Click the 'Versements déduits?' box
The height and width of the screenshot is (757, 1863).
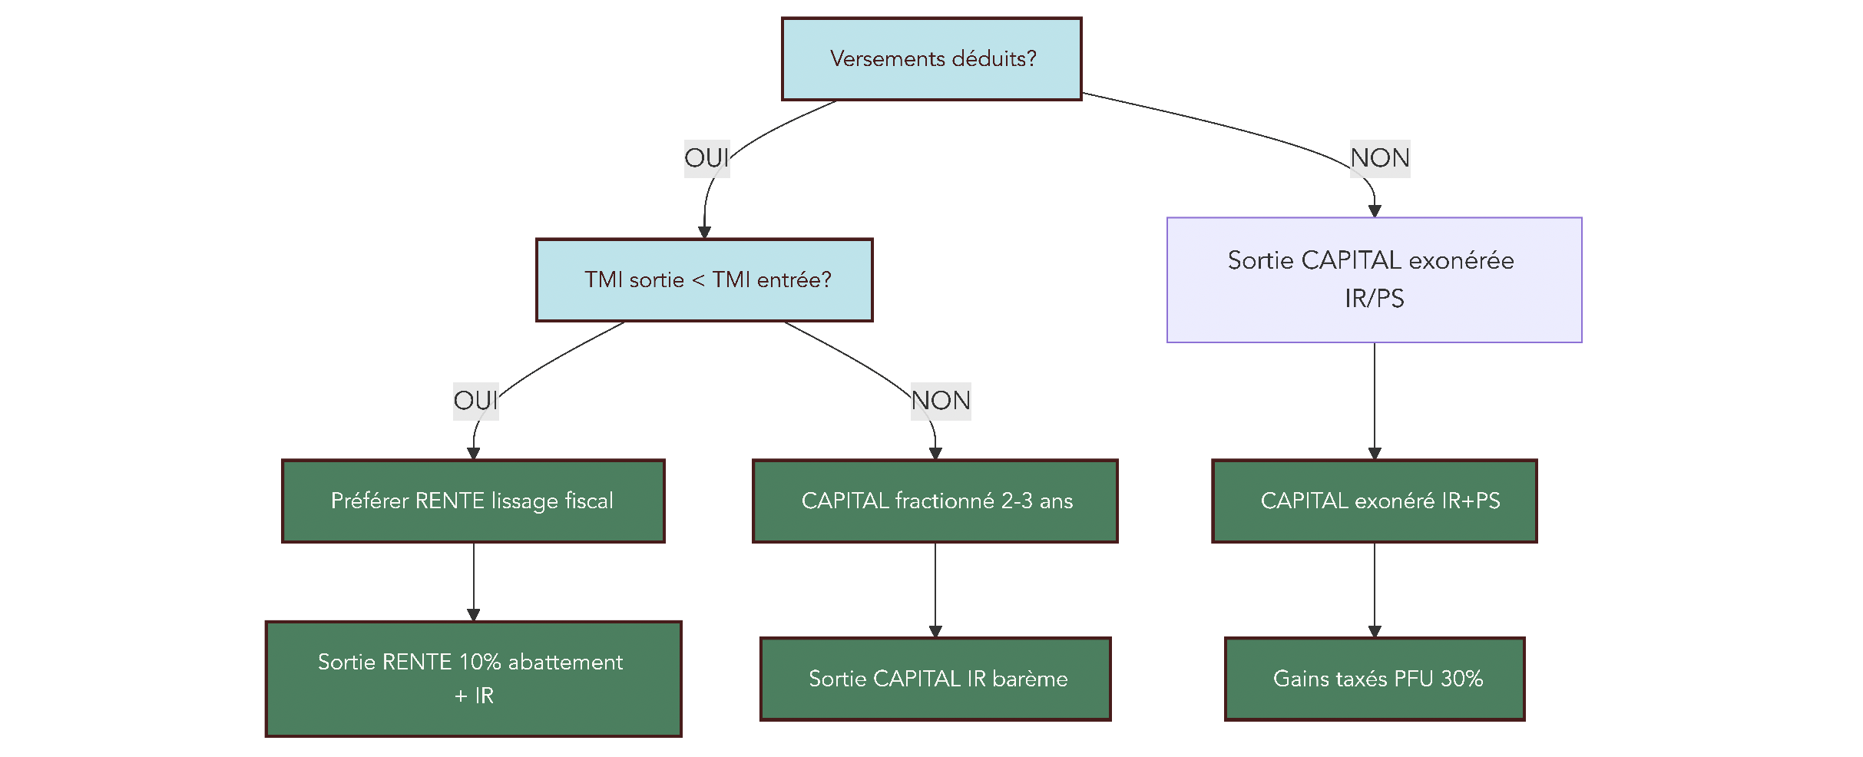click(931, 59)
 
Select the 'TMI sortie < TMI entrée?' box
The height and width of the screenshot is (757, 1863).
click(704, 279)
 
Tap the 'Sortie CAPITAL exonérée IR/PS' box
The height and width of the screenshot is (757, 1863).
click(1374, 279)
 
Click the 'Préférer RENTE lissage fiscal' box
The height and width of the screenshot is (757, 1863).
click(473, 501)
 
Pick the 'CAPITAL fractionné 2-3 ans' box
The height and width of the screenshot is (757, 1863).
click(935, 501)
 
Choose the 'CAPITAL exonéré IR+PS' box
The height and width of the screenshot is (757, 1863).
click(1374, 501)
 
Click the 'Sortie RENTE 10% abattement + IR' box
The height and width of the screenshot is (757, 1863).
click(473, 679)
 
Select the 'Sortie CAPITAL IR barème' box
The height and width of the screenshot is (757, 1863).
click(935, 679)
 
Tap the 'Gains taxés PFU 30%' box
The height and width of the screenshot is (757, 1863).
click(1374, 679)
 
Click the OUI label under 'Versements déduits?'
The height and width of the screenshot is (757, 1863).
click(706, 158)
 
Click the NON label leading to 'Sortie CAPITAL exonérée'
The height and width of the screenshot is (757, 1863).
click(1380, 158)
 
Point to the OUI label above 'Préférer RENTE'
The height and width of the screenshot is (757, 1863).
click(475, 401)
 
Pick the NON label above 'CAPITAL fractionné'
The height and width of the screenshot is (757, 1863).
click(941, 401)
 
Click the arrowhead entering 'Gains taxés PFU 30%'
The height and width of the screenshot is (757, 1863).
click(1375, 631)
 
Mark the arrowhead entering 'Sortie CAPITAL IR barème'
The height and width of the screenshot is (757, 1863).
click(935, 631)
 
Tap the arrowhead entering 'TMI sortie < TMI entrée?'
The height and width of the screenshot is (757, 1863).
click(704, 232)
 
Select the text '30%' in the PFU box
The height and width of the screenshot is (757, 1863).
click(1461, 679)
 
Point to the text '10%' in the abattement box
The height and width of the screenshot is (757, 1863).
click(480, 662)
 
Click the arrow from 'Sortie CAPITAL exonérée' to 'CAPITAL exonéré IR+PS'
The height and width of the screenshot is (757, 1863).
click(1375, 399)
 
